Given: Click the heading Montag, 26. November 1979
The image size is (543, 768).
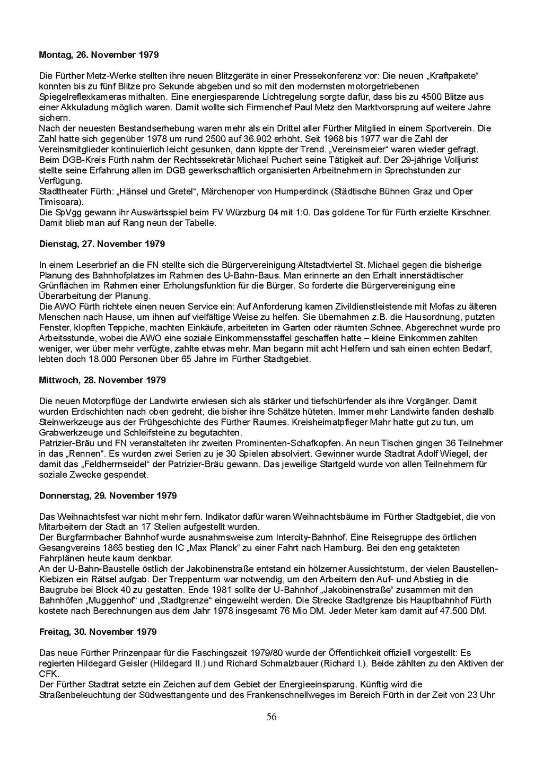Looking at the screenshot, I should pyautogui.click(x=99, y=55).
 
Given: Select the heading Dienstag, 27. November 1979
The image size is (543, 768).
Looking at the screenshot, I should pyautogui.click(x=102, y=244).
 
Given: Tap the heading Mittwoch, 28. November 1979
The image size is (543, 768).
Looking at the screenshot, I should pyautogui.click(x=102, y=380).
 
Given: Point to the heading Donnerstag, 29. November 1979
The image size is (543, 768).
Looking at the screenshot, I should pyautogui.click(x=108, y=496).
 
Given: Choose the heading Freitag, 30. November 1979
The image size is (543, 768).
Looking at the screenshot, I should pyautogui.click(x=98, y=632).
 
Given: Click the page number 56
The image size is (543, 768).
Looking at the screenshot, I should pyautogui.click(x=271, y=717).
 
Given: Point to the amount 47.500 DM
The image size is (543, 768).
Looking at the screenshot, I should pyautogui.click(x=462, y=611).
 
